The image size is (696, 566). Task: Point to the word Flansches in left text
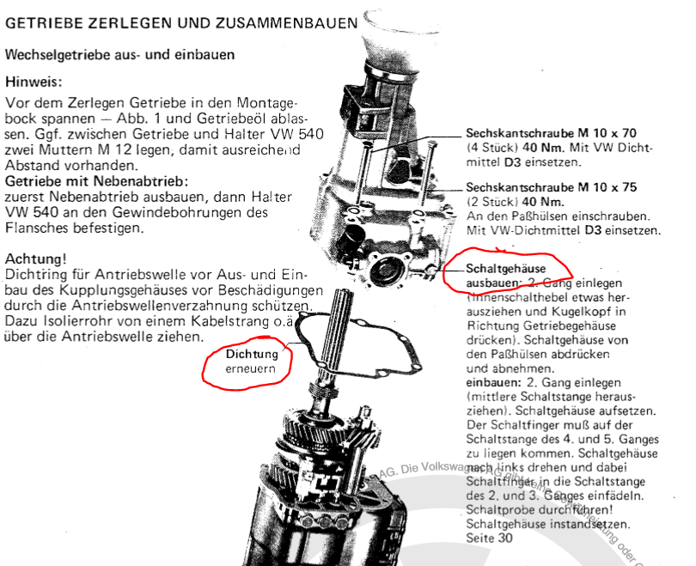click(36, 229)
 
